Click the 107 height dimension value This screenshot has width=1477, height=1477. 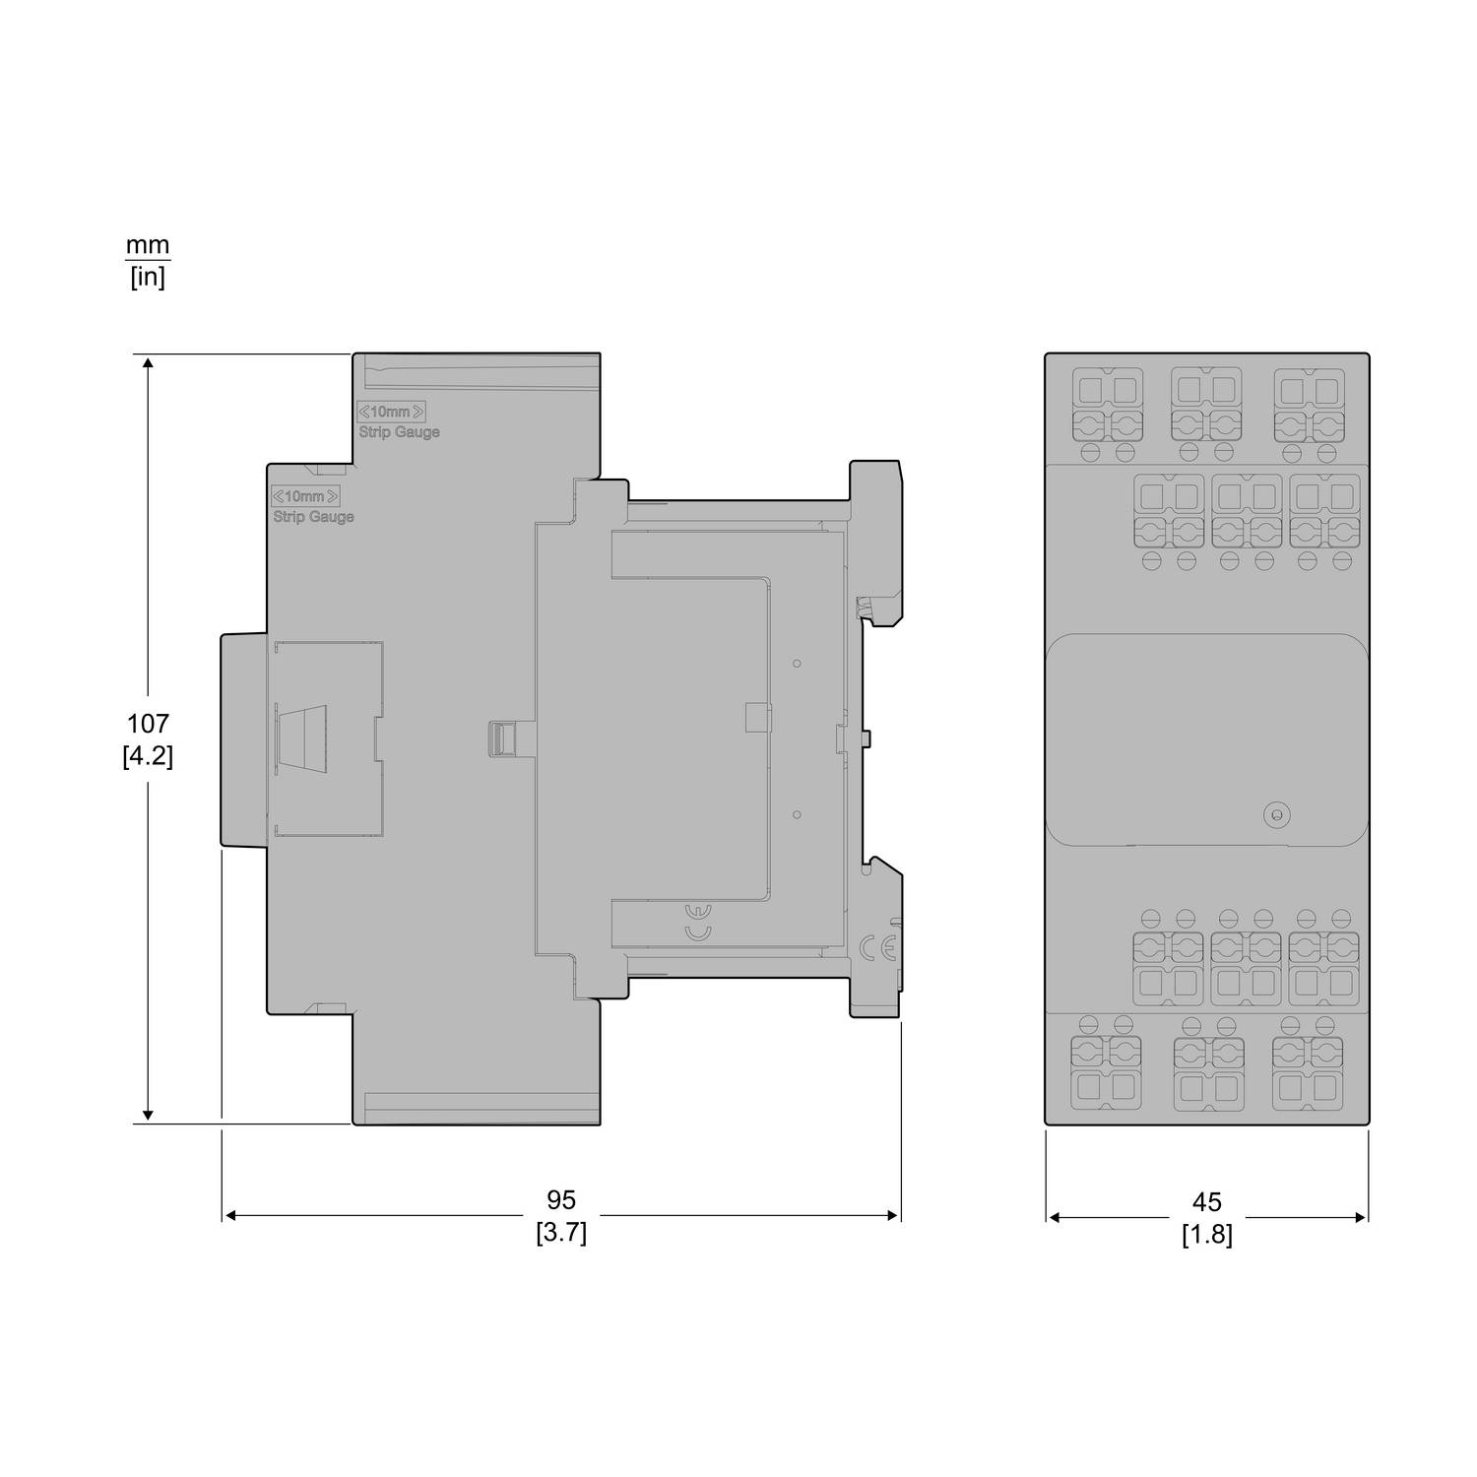click(148, 724)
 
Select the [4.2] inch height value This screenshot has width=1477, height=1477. click(148, 756)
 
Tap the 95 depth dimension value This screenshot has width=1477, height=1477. click(561, 1200)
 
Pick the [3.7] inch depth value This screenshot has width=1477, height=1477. click(561, 1233)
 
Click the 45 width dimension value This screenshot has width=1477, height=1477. click(1206, 1202)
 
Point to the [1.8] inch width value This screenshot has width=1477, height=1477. click(1206, 1235)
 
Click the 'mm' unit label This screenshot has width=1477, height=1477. click(148, 244)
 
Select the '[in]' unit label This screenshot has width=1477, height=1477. click(148, 277)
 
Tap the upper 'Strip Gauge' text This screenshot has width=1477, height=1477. click(399, 432)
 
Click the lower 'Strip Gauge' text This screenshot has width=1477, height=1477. click(313, 517)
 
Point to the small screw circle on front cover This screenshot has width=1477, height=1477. click(1276, 814)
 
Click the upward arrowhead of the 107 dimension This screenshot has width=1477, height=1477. click(148, 362)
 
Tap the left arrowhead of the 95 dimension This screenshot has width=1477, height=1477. click(229, 1216)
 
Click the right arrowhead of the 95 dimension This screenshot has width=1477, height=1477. click(894, 1216)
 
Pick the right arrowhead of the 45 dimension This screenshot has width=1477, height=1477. click(1361, 1217)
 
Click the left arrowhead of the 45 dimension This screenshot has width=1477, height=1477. click(1053, 1217)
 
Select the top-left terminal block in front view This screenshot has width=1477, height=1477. click(1106, 406)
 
